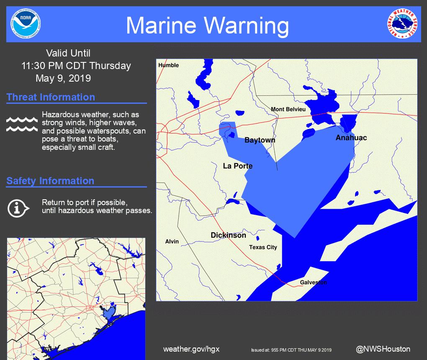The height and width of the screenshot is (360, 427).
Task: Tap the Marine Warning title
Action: (x=207, y=26)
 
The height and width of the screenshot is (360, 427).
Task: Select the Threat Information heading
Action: (x=51, y=97)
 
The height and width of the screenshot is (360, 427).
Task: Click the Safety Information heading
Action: (x=50, y=181)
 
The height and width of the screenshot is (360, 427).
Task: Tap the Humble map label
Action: (x=168, y=65)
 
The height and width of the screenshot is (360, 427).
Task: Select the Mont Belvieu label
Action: (x=288, y=109)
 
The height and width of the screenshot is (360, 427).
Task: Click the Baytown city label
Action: (x=260, y=140)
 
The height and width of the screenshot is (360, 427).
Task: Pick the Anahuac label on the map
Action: (x=351, y=138)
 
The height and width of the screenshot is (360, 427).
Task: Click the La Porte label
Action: (x=238, y=166)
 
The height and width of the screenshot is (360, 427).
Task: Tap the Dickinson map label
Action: (x=228, y=235)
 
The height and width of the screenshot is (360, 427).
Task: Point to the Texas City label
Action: (x=263, y=247)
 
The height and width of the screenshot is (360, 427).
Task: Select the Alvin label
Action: (x=172, y=242)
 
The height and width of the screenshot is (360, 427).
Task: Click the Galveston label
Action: (x=313, y=283)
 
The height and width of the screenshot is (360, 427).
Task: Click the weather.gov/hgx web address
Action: (x=191, y=349)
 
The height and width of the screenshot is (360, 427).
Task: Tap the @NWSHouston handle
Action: (x=383, y=349)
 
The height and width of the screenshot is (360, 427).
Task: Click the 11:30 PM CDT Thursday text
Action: (x=76, y=66)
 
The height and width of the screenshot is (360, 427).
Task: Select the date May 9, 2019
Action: (x=63, y=78)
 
